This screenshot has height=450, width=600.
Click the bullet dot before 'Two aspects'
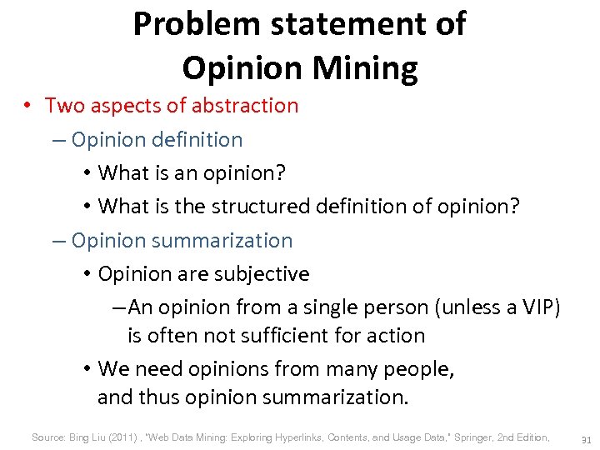[x=28, y=106]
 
